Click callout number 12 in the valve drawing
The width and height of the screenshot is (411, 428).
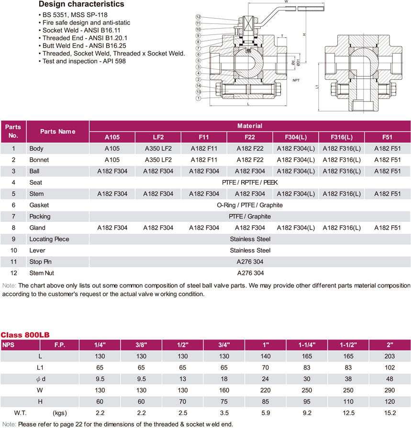pos(198,17)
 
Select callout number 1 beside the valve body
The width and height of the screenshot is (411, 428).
pos(198,99)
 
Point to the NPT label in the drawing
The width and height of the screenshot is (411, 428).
pos(297,81)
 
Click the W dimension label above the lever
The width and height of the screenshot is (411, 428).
pos(286,2)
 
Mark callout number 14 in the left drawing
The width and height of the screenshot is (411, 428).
pos(198,86)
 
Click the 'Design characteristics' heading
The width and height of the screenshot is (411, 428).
pos(81,4)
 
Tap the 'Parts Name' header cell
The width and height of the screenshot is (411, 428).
pos(58,132)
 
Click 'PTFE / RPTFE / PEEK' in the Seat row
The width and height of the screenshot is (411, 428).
pos(250,182)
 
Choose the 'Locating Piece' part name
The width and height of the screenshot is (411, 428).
pos(49,239)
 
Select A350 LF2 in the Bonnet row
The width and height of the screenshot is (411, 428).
pos(158,160)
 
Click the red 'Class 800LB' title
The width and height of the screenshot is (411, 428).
pos(25,334)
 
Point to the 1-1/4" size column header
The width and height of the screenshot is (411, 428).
pos(306,344)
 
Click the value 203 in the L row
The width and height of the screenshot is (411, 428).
pos(389,356)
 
